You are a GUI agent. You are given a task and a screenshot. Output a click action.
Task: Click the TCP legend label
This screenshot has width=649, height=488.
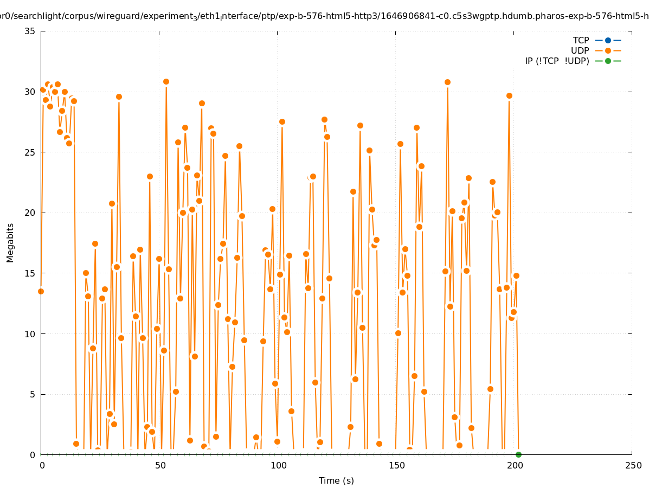[581, 40]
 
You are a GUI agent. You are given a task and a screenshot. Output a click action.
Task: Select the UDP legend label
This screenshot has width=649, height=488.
[580, 50]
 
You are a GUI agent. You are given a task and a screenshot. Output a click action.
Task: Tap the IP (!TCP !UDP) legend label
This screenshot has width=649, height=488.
[557, 61]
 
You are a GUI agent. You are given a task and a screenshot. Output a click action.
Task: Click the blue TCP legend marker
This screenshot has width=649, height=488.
[608, 40]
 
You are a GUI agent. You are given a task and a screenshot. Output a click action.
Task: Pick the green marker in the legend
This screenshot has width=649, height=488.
[608, 61]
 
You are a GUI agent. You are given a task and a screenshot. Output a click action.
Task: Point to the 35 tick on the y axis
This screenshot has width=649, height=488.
[30, 31]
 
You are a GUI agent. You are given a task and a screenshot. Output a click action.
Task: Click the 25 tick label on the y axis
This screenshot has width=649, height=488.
[30, 152]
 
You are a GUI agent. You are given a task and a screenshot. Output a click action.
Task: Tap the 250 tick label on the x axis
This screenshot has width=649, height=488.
[632, 465]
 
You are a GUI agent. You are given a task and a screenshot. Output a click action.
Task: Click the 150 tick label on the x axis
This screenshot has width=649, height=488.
[396, 465]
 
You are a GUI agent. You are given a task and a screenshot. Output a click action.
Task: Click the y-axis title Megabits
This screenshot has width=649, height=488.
[10, 242]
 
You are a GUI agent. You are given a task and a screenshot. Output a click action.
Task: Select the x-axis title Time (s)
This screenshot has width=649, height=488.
[336, 480]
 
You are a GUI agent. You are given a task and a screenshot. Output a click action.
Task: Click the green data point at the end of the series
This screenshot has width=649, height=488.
[518, 454]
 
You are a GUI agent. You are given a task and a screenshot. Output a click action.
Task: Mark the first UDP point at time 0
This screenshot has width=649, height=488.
[41, 291]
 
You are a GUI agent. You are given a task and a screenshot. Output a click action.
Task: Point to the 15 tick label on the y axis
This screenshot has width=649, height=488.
[30, 273]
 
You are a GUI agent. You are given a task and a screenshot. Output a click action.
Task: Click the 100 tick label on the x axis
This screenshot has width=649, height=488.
[278, 465]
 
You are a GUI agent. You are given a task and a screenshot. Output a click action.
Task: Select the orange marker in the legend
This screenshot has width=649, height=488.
[608, 50]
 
